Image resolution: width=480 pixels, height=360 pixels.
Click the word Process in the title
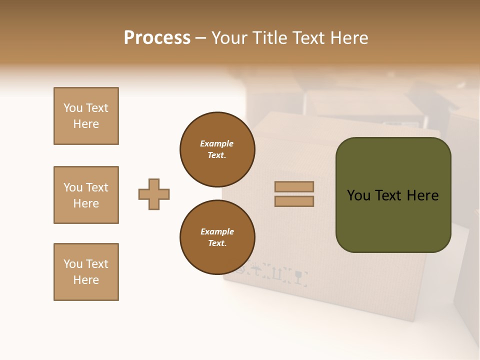click(157, 38)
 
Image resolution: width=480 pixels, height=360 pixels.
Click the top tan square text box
click(86, 116)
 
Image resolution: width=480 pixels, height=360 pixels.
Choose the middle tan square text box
click(86, 195)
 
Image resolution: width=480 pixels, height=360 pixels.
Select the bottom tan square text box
click(86, 272)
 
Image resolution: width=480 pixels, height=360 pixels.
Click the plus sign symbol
click(154, 194)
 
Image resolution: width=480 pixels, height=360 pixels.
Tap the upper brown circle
click(217, 149)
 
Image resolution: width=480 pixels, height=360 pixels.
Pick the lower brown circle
click(217, 237)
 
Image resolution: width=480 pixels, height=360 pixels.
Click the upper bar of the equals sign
click(294, 186)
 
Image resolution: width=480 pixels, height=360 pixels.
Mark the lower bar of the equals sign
click(294, 201)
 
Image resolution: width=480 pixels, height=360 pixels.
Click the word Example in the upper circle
click(216, 143)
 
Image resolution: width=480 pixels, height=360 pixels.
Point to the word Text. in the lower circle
click(217, 243)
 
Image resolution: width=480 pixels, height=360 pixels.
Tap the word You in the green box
click(359, 195)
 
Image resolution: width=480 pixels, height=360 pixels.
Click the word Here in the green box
click(422, 195)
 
